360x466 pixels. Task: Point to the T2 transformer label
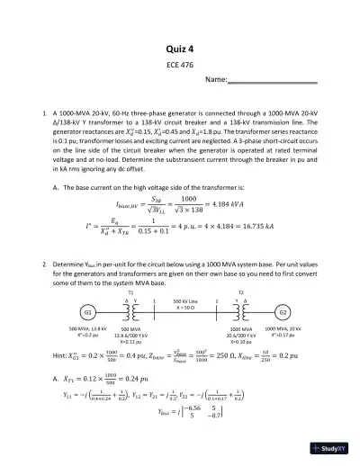coord(239,293)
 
